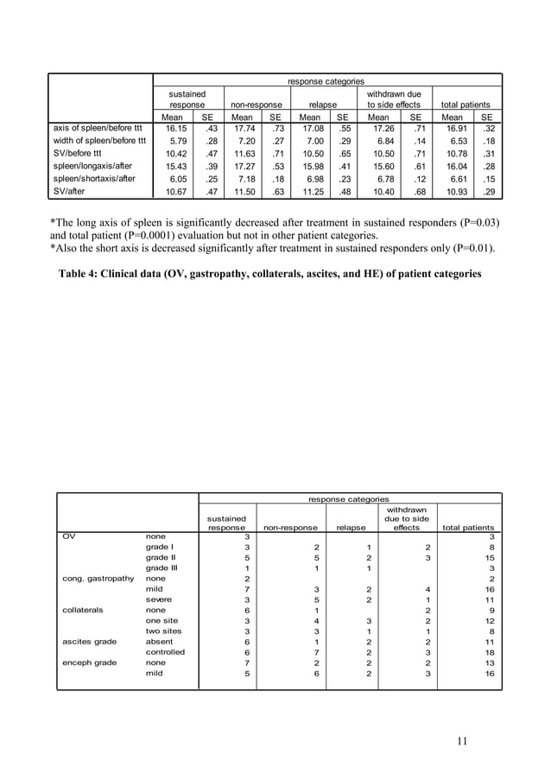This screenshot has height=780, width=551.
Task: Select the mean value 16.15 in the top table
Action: (175, 129)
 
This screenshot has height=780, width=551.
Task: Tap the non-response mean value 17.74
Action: (243, 129)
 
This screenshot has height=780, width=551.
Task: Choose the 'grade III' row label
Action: (161, 568)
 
